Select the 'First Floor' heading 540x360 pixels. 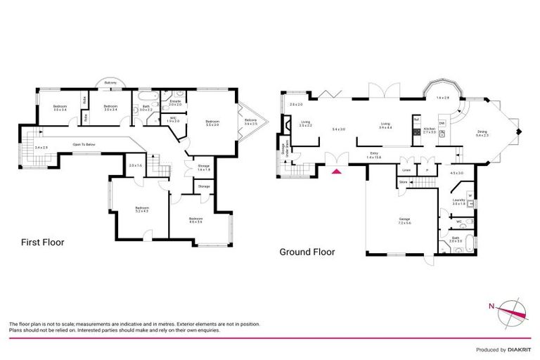coord(42,243)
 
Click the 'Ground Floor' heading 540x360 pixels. coord(307,252)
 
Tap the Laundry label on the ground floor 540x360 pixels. coord(459,202)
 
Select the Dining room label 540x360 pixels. coord(481,132)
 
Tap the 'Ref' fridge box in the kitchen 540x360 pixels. coord(416,119)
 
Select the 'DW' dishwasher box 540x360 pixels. coord(442,123)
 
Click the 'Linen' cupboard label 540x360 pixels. coord(406,169)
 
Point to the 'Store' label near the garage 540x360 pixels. coord(404,183)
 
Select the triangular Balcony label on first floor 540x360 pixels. coord(250,121)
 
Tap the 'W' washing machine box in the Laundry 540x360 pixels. coord(470,195)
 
